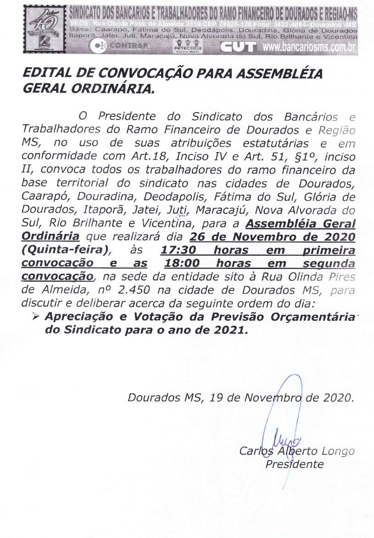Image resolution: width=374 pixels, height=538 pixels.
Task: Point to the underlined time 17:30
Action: point(180,251)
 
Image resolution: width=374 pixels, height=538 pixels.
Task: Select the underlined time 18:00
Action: point(183,264)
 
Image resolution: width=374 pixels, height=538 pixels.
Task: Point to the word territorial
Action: point(78,184)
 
